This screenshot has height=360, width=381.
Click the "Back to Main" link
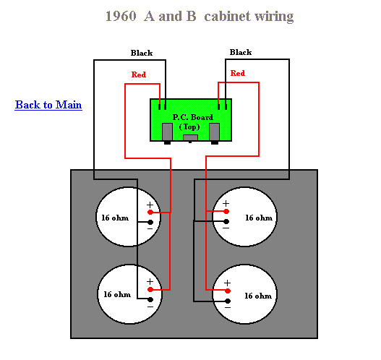[x=48, y=105]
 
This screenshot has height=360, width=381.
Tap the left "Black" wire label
[x=142, y=53]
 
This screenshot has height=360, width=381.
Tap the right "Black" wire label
[x=240, y=52]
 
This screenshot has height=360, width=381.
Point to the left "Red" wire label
[x=139, y=74]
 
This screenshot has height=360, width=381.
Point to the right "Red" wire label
[x=237, y=73]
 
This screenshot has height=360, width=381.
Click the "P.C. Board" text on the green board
[x=189, y=116]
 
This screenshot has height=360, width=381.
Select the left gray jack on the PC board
[x=167, y=132]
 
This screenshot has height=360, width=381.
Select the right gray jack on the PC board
[x=214, y=132]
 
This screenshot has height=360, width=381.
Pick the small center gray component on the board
[x=190, y=137]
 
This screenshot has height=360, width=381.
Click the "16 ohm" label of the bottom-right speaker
[x=258, y=296]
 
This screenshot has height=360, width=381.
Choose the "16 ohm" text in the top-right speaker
[x=258, y=217]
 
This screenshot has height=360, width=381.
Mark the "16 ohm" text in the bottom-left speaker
[x=117, y=294]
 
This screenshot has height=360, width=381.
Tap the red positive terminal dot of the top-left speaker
[x=150, y=213]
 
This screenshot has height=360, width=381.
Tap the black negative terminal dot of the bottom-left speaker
[x=150, y=299]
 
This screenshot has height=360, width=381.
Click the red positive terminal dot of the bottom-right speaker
[x=226, y=291]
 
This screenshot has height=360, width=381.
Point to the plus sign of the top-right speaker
[x=226, y=204]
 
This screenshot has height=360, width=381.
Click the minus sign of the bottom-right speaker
[x=226, y=307]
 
